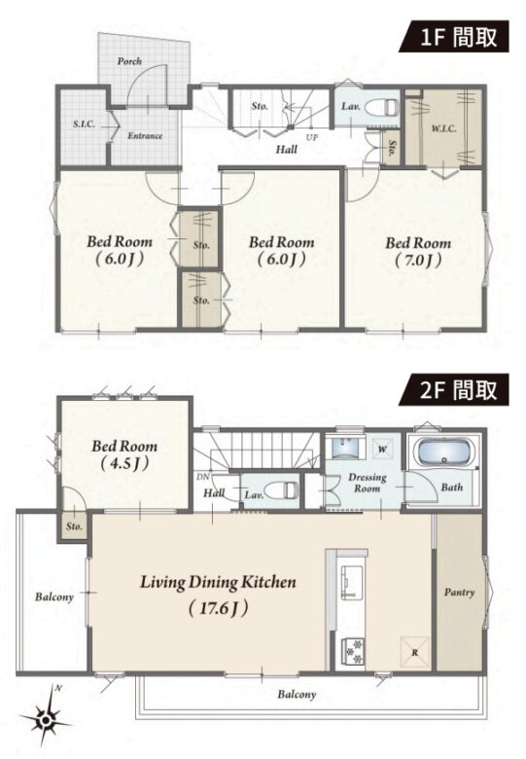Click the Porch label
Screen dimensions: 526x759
click(x=129, y=61)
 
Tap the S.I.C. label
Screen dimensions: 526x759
click(x=85, y=124)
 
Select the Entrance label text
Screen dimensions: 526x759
click(x=145, y=136)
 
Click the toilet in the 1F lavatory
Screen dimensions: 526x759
click(x=381, y=107)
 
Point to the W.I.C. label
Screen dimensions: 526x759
click(x=443, y=128)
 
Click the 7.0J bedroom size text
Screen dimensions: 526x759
click(x=418, y=261)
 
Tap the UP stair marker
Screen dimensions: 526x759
click(x=312, y=137)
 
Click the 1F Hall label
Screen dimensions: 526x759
click(x=287, y=149)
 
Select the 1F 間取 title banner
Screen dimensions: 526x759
click(x=453, y=36)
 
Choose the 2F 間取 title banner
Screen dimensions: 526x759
click(x=453, y=389)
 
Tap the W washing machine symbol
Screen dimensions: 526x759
click(x=382, y=450)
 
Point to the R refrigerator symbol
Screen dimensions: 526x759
click(x=415, y=652)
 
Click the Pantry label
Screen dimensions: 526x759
click(x=459, y=593)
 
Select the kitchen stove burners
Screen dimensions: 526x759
click(x=352, y=652)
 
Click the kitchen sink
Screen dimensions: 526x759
click(x=349, y=581)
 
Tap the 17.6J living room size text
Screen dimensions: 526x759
click(x=219, y=608)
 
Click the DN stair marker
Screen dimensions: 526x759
click(x=203, y=477)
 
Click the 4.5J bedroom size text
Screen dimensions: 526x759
click(x=124, y=464)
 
